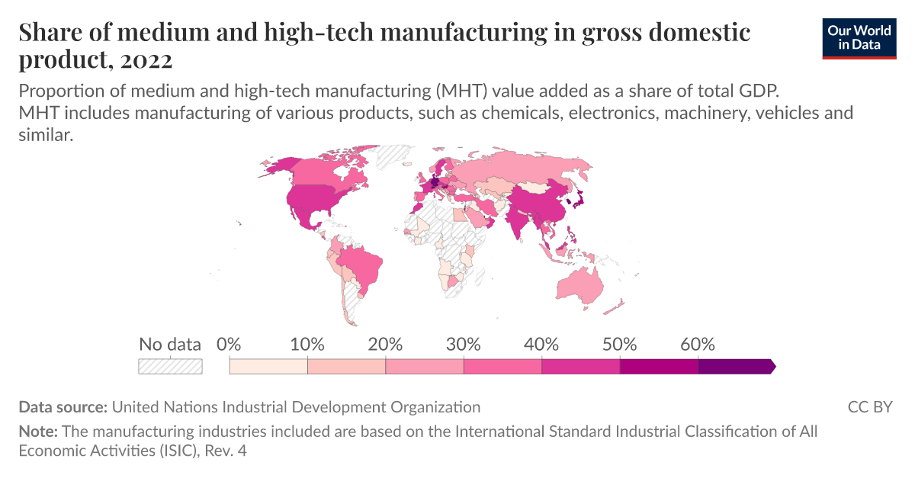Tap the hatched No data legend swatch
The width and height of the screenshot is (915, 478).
tap(170, 367)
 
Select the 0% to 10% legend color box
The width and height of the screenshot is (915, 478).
tap(268, 367)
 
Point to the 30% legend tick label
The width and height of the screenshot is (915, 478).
tap(464, 344)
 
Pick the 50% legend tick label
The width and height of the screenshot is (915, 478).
tap(619, 344)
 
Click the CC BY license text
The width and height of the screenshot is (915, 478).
tap(869, 407)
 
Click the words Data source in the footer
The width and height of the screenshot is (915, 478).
tap(63, 407)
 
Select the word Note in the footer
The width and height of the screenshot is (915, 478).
tap(37, 431)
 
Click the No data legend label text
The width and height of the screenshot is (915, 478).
tap(170, 344)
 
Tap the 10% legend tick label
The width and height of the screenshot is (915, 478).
tap(307, 344)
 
